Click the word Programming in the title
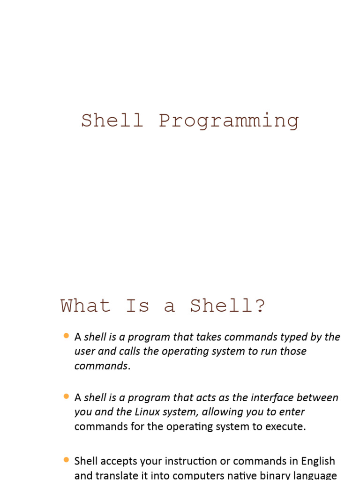pyautogui.click(x=229, y=121)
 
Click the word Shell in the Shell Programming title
pyautogui.click(x=112, y=120)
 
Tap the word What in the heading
pyautogui.click(x=85, y=306)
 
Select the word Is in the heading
pyautogui.click(x=137, y=306)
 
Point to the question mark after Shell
pyautogui.click(x=261, y=306)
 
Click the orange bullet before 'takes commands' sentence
pyautogui.click(x=66, y=336)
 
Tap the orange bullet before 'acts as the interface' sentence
pyautogui.click(x=66, y=397)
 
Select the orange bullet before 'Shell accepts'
pyautogui.click(x=66, y=460)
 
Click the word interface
pyautogui.click(x=273, y=397)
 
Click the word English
pyautogui.click(x=318, y=461)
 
